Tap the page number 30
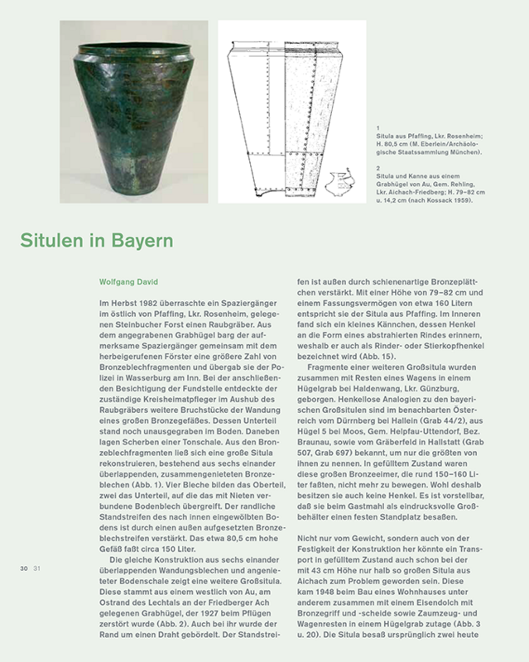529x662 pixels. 17,568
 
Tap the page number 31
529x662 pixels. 27,568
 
